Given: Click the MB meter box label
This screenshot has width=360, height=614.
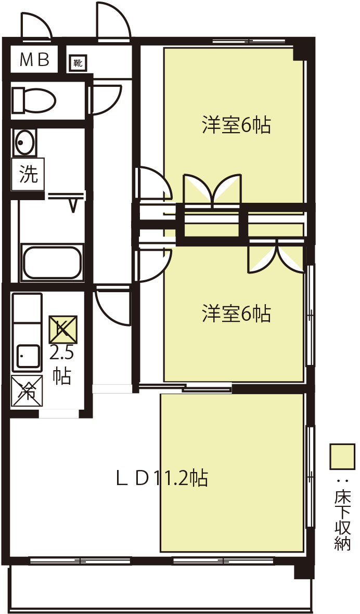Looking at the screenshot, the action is [34, 60].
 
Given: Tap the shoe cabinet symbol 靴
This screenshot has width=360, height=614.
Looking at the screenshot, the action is [78, 63].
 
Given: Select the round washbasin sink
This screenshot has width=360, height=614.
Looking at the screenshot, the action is [25, 142].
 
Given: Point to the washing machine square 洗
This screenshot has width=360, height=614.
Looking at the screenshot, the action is [28, 174].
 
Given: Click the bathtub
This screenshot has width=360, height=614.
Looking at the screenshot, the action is [52, 262].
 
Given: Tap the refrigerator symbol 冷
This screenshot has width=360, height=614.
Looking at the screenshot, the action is [27, 391].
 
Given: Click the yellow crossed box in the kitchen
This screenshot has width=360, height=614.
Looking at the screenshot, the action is [62, 330].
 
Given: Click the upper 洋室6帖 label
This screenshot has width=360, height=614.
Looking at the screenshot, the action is [236, 125].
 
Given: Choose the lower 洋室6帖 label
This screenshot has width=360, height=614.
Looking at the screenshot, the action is [236, 313].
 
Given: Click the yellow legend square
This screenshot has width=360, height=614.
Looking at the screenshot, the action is [342, 456].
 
